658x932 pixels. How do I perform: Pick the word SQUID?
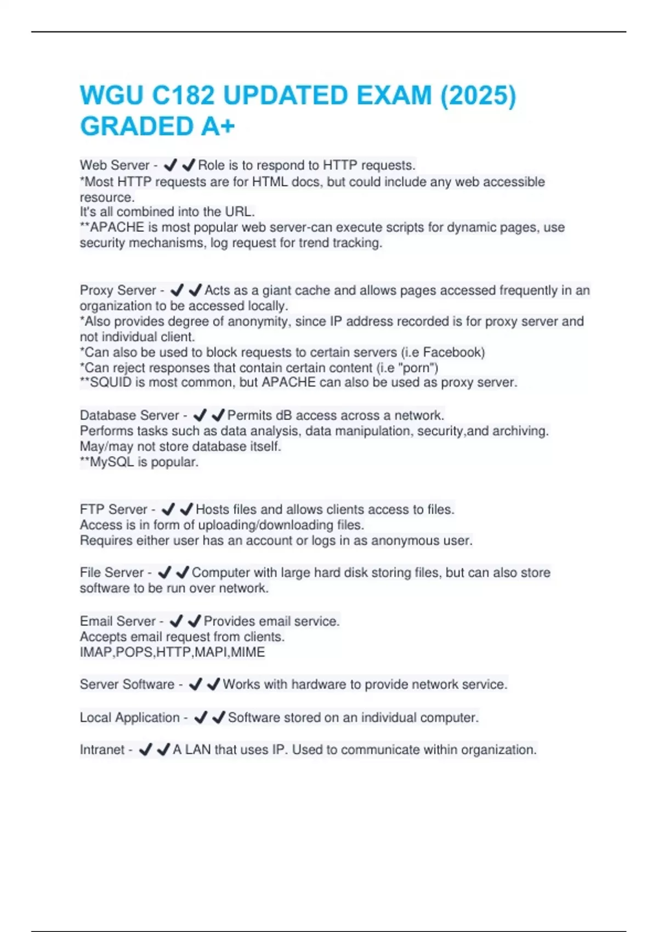click(x=111, y=382)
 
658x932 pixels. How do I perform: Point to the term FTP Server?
click(x=114, y=509)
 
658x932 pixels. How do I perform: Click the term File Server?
click(x=111, y=572)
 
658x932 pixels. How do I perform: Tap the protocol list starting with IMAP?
click(x=172, y=652)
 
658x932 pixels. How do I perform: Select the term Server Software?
click(x=127, y=684)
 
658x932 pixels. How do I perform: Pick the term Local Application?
click(x=129, y=717)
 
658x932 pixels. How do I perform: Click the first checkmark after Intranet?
click(x=145, y=749)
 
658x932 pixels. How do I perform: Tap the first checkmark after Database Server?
click(x=200, y=415)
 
